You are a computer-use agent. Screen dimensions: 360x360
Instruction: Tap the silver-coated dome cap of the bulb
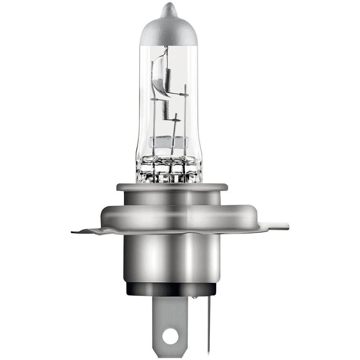pos(168,31)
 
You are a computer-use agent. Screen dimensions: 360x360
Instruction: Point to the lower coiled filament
pos(165,109)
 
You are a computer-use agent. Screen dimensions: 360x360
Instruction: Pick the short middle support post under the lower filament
pos(175,133)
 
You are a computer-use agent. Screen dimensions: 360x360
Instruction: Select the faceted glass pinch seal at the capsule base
pos(168,169)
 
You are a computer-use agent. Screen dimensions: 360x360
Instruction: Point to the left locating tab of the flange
pos(86,231)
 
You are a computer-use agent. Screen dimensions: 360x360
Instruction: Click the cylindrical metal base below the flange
pos(172,257)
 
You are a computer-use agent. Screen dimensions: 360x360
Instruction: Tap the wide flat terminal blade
pos(170,317)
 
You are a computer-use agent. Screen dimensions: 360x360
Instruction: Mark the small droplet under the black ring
pos(194,298)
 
